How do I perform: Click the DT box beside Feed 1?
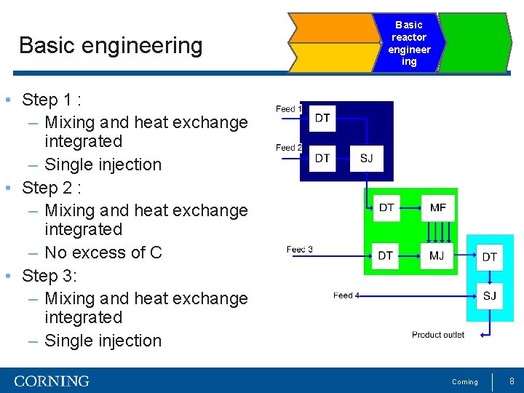tap(322, 119)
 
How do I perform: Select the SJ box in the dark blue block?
tap(366, 158)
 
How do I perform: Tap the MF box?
tap(438, 208)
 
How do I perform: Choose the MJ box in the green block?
tap(437, 255)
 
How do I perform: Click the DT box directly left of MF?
tap(386, 208)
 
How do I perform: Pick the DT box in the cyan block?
tap(490, 257)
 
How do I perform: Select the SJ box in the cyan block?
tap(490, 295)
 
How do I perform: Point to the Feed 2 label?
tap(289, 148)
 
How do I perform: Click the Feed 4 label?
tap(346, 295)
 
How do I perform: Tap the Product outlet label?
tap(438, 335)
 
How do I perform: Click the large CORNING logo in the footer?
tap(52, 381)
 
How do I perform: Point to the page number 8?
tap(512, 381)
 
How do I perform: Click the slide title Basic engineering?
tap(111, 45)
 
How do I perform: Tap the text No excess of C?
tap(103, 253)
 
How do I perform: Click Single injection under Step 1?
tap(103, 164)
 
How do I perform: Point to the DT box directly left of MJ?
tap(386, 255)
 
